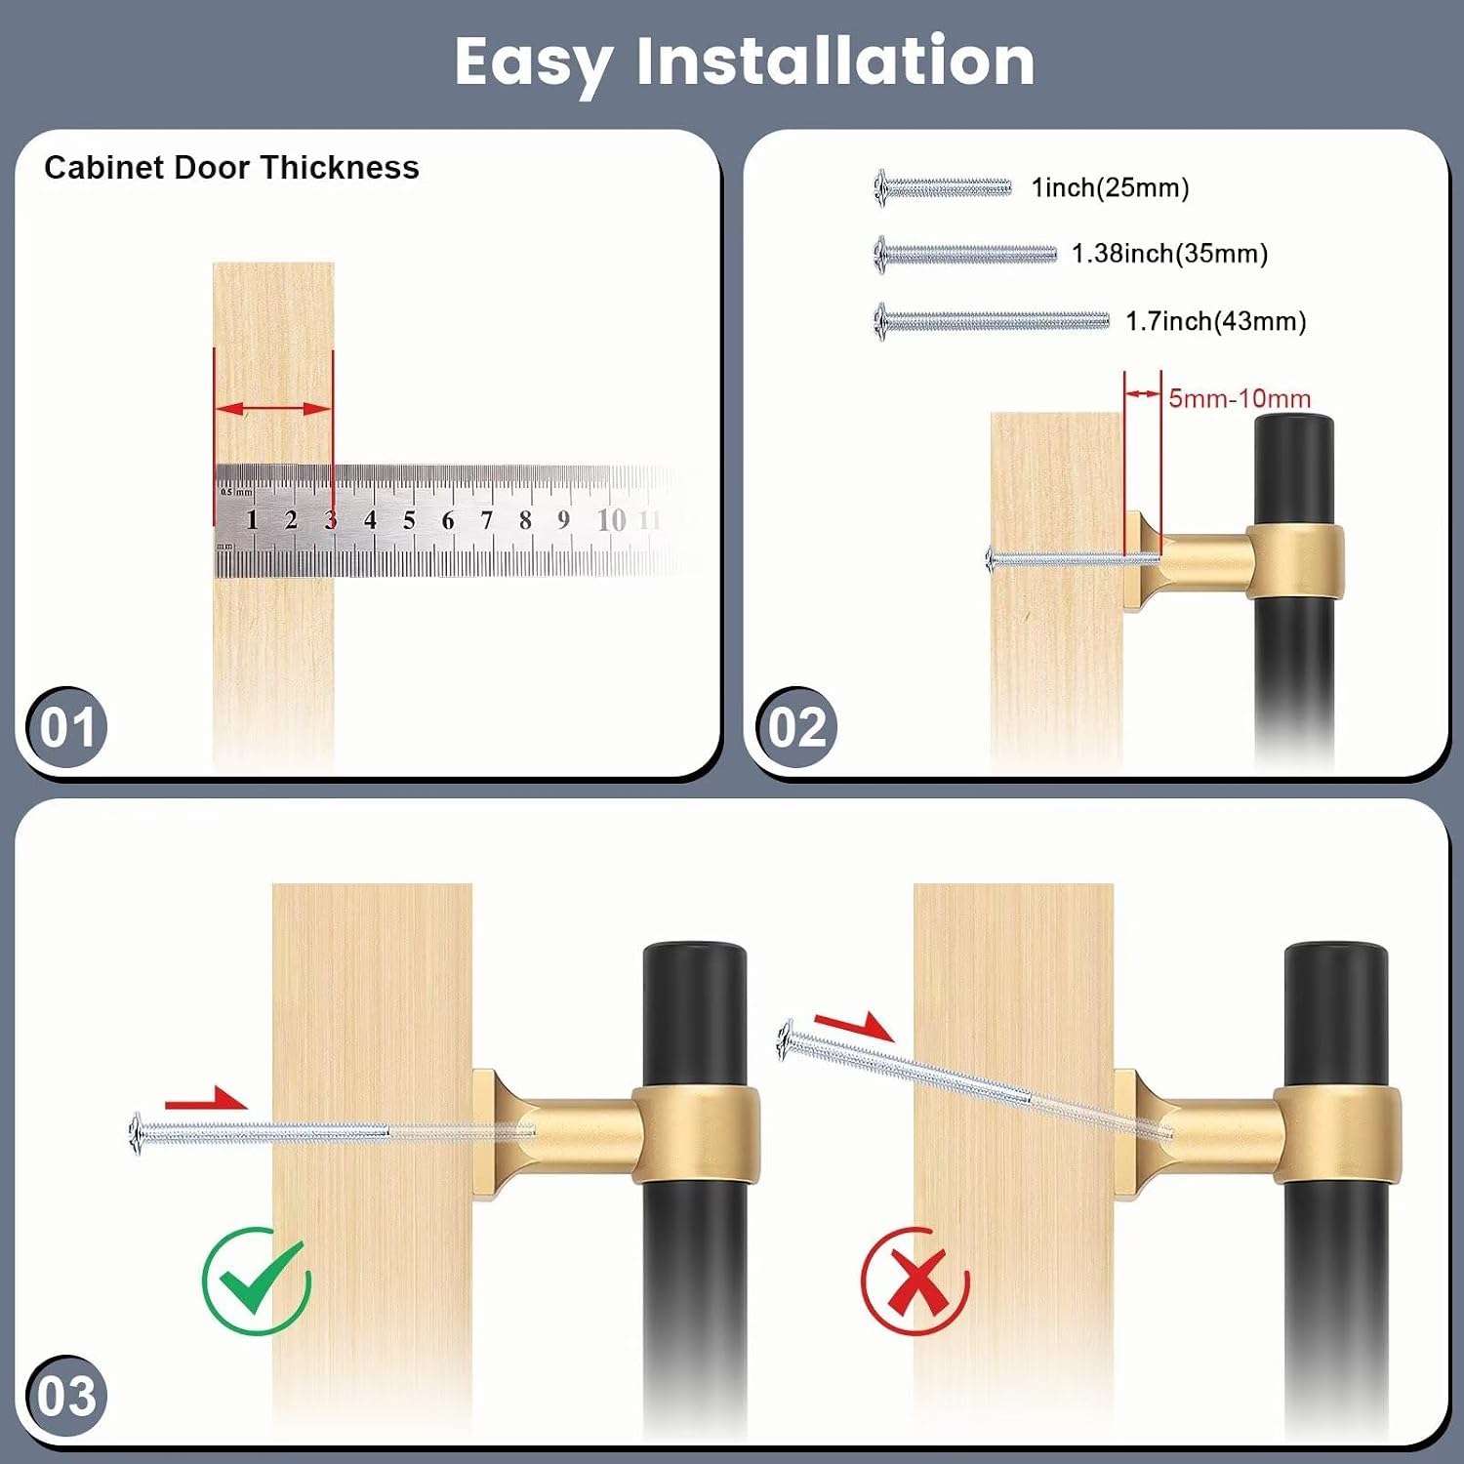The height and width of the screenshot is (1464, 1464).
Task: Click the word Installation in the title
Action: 835,61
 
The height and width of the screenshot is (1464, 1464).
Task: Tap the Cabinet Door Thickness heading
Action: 231,167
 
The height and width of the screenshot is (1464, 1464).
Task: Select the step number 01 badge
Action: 66,727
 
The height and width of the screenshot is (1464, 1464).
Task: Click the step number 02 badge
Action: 796,727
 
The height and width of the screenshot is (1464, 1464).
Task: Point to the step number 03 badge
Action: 66,1396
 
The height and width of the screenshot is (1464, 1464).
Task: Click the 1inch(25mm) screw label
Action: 1111,187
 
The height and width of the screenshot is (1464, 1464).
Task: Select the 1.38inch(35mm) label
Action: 1169,254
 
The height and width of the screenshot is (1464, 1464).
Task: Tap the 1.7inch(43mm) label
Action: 1216,321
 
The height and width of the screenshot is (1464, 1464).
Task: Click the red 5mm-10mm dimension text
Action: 1240,398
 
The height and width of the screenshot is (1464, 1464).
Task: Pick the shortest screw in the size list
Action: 943,187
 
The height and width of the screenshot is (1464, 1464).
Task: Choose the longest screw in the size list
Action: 992,321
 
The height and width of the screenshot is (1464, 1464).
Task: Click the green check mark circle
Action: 257,1281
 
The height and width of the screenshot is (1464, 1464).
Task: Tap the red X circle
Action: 915,1281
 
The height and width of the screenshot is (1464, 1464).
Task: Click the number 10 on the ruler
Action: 611,520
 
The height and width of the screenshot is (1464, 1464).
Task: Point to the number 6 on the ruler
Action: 448,520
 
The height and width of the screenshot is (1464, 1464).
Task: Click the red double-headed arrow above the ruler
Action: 273,409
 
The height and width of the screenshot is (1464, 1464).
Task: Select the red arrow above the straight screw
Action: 206,1100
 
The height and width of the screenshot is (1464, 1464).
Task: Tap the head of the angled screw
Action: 787,1040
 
